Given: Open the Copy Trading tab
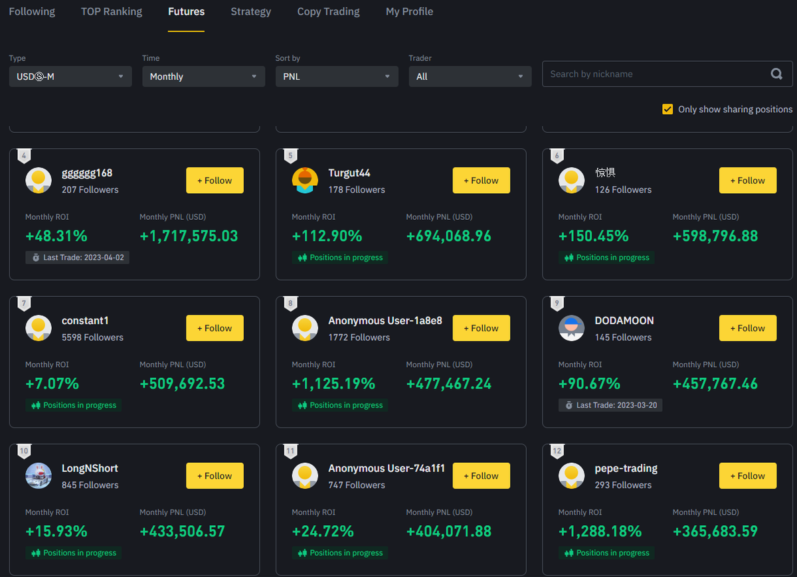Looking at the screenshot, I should point(328,12).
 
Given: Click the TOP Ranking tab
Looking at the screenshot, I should point(112,12).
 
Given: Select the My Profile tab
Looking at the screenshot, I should point(409,12).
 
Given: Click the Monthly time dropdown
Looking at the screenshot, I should point(203,76).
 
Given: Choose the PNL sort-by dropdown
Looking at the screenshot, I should point(337,76).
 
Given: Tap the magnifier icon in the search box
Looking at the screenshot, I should point(776,74).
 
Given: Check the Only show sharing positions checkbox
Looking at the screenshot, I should point(667,109).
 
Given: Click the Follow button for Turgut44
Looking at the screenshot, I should point(481,181).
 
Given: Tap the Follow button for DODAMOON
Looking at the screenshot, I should point(747,328).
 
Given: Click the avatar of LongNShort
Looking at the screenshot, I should point(39,476).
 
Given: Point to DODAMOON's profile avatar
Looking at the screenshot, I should point(571,328).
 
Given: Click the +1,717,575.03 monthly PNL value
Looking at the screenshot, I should point(189,236).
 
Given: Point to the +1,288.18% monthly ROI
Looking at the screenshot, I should point(600,532).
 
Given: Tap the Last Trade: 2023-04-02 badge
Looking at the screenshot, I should point(78,258).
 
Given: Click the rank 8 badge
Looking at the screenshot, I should point(290,304).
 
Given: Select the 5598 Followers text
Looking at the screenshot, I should point(92,337).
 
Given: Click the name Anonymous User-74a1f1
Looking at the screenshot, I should point(387,469).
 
